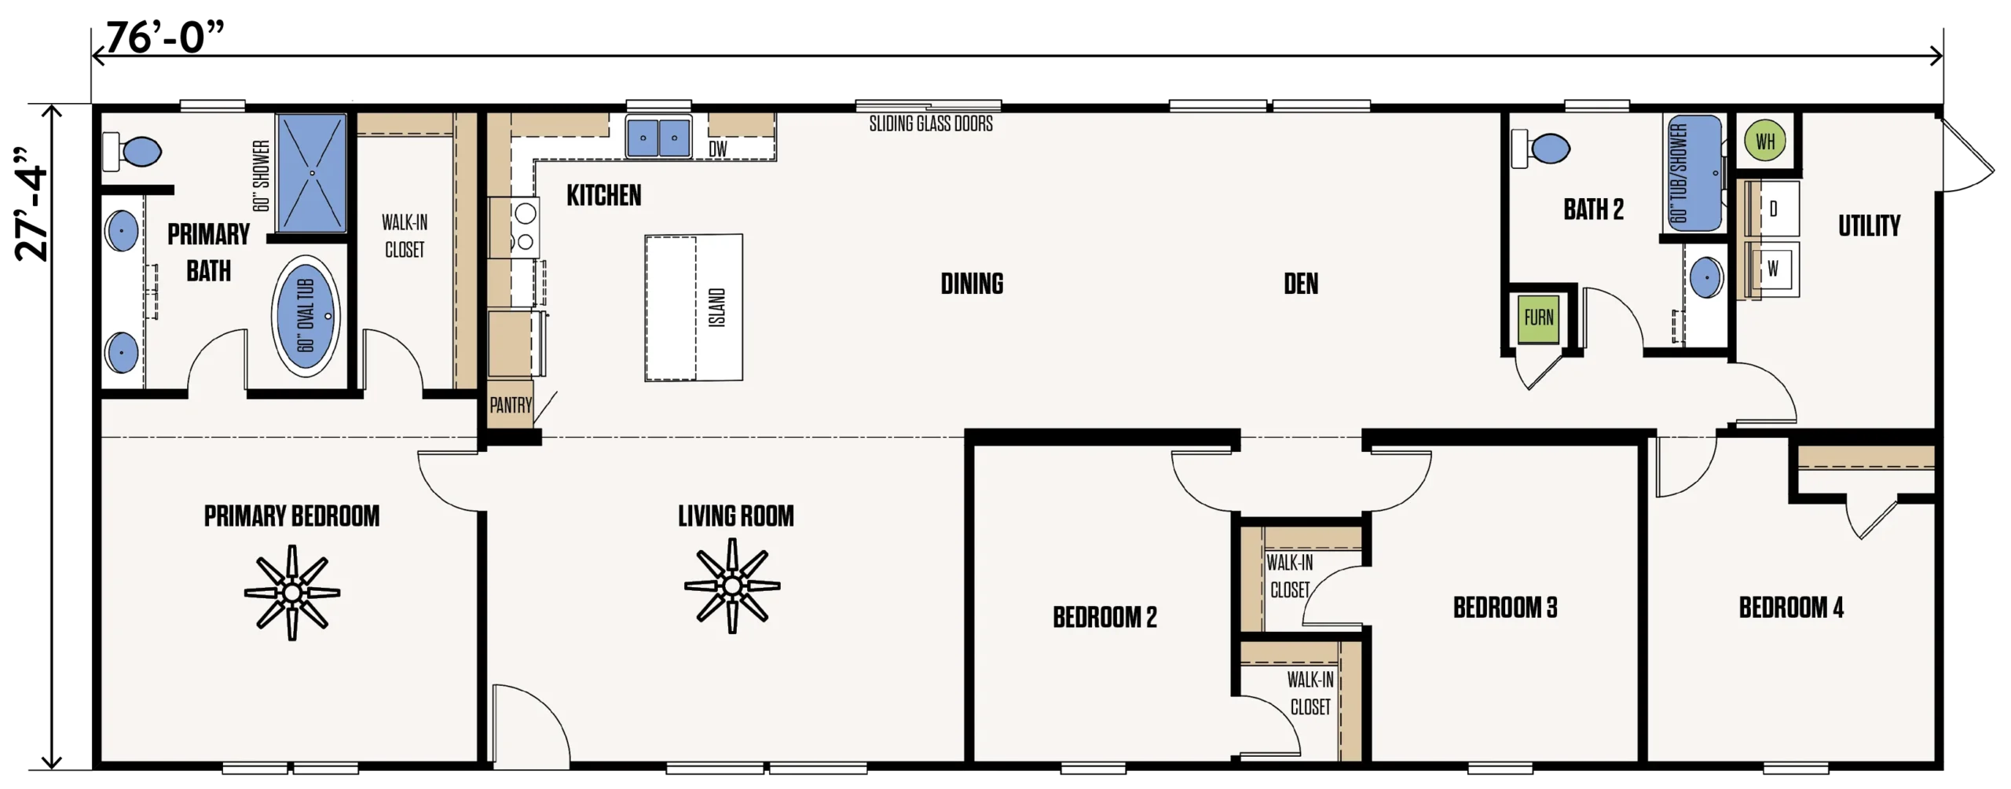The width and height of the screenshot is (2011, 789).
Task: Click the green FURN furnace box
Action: click(1537, 318)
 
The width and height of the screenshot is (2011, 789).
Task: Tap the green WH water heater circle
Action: click(1764, 141)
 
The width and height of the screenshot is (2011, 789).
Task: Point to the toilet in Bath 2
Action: click(1540, 148)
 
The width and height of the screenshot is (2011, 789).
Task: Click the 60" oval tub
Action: click(306, 315)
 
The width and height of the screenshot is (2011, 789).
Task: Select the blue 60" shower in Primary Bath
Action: click(312, 173)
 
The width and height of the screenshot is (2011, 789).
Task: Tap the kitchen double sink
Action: click(658, 137)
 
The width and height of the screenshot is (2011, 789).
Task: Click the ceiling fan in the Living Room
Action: click(732, 585)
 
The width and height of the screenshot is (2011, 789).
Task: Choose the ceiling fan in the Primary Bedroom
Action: click(292, 593)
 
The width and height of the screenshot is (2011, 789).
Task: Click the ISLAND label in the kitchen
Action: click(716, 307)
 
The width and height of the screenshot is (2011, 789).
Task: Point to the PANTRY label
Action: click(511, 406)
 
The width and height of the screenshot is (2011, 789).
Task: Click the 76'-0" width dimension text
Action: click(165, 37)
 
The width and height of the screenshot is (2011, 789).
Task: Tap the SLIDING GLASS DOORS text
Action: click(931, 124)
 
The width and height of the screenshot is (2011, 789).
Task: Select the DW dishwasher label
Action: click(718, 149)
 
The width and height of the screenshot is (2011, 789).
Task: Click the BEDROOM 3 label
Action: click(1504, 607)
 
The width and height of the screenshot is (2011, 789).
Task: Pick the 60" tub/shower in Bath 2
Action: click(1694, 173)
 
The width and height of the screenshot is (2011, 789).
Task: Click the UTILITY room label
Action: click(1869, 226)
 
